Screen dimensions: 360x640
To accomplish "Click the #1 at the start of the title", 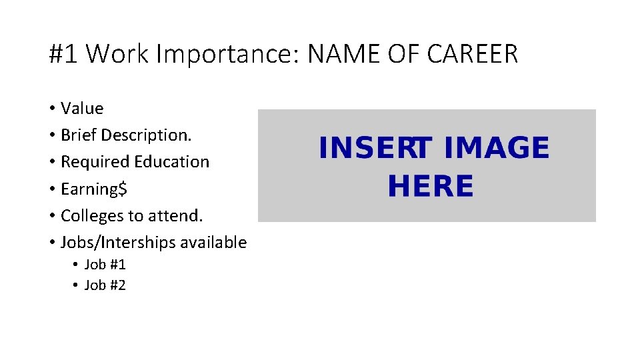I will click(x=63, y=54).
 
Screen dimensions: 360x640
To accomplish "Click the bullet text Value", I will click(x=82, y=108).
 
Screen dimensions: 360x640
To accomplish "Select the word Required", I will click(x=95, y=162).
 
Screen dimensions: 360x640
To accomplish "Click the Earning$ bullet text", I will click(x=94, y=189).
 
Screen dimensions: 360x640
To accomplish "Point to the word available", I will click(x=214, y=243).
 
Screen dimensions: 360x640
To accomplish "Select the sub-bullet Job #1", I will click(x=105, y=265).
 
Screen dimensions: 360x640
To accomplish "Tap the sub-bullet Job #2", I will click(x=105, y=285).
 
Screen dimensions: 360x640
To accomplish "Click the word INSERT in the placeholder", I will click(x=376, y=148).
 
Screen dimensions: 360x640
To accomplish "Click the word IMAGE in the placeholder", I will click(x=496, y=148).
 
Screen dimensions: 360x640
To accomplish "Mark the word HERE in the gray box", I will click(x=430, y=186).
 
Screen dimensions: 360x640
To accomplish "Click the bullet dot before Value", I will click(x=52, y=109).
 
